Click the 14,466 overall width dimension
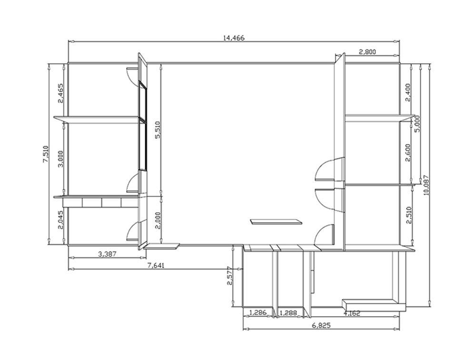coord(234,38)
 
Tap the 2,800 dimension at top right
coord(367,52)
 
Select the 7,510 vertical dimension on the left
coord(46,154)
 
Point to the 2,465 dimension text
coord(60,93)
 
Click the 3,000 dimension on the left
coord(60,159)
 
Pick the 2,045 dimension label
coord(60,220)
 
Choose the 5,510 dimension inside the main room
coord(158,130)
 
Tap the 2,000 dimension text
coord(158,220)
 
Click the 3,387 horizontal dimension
coord(107,254)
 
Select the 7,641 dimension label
coord(156,265)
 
